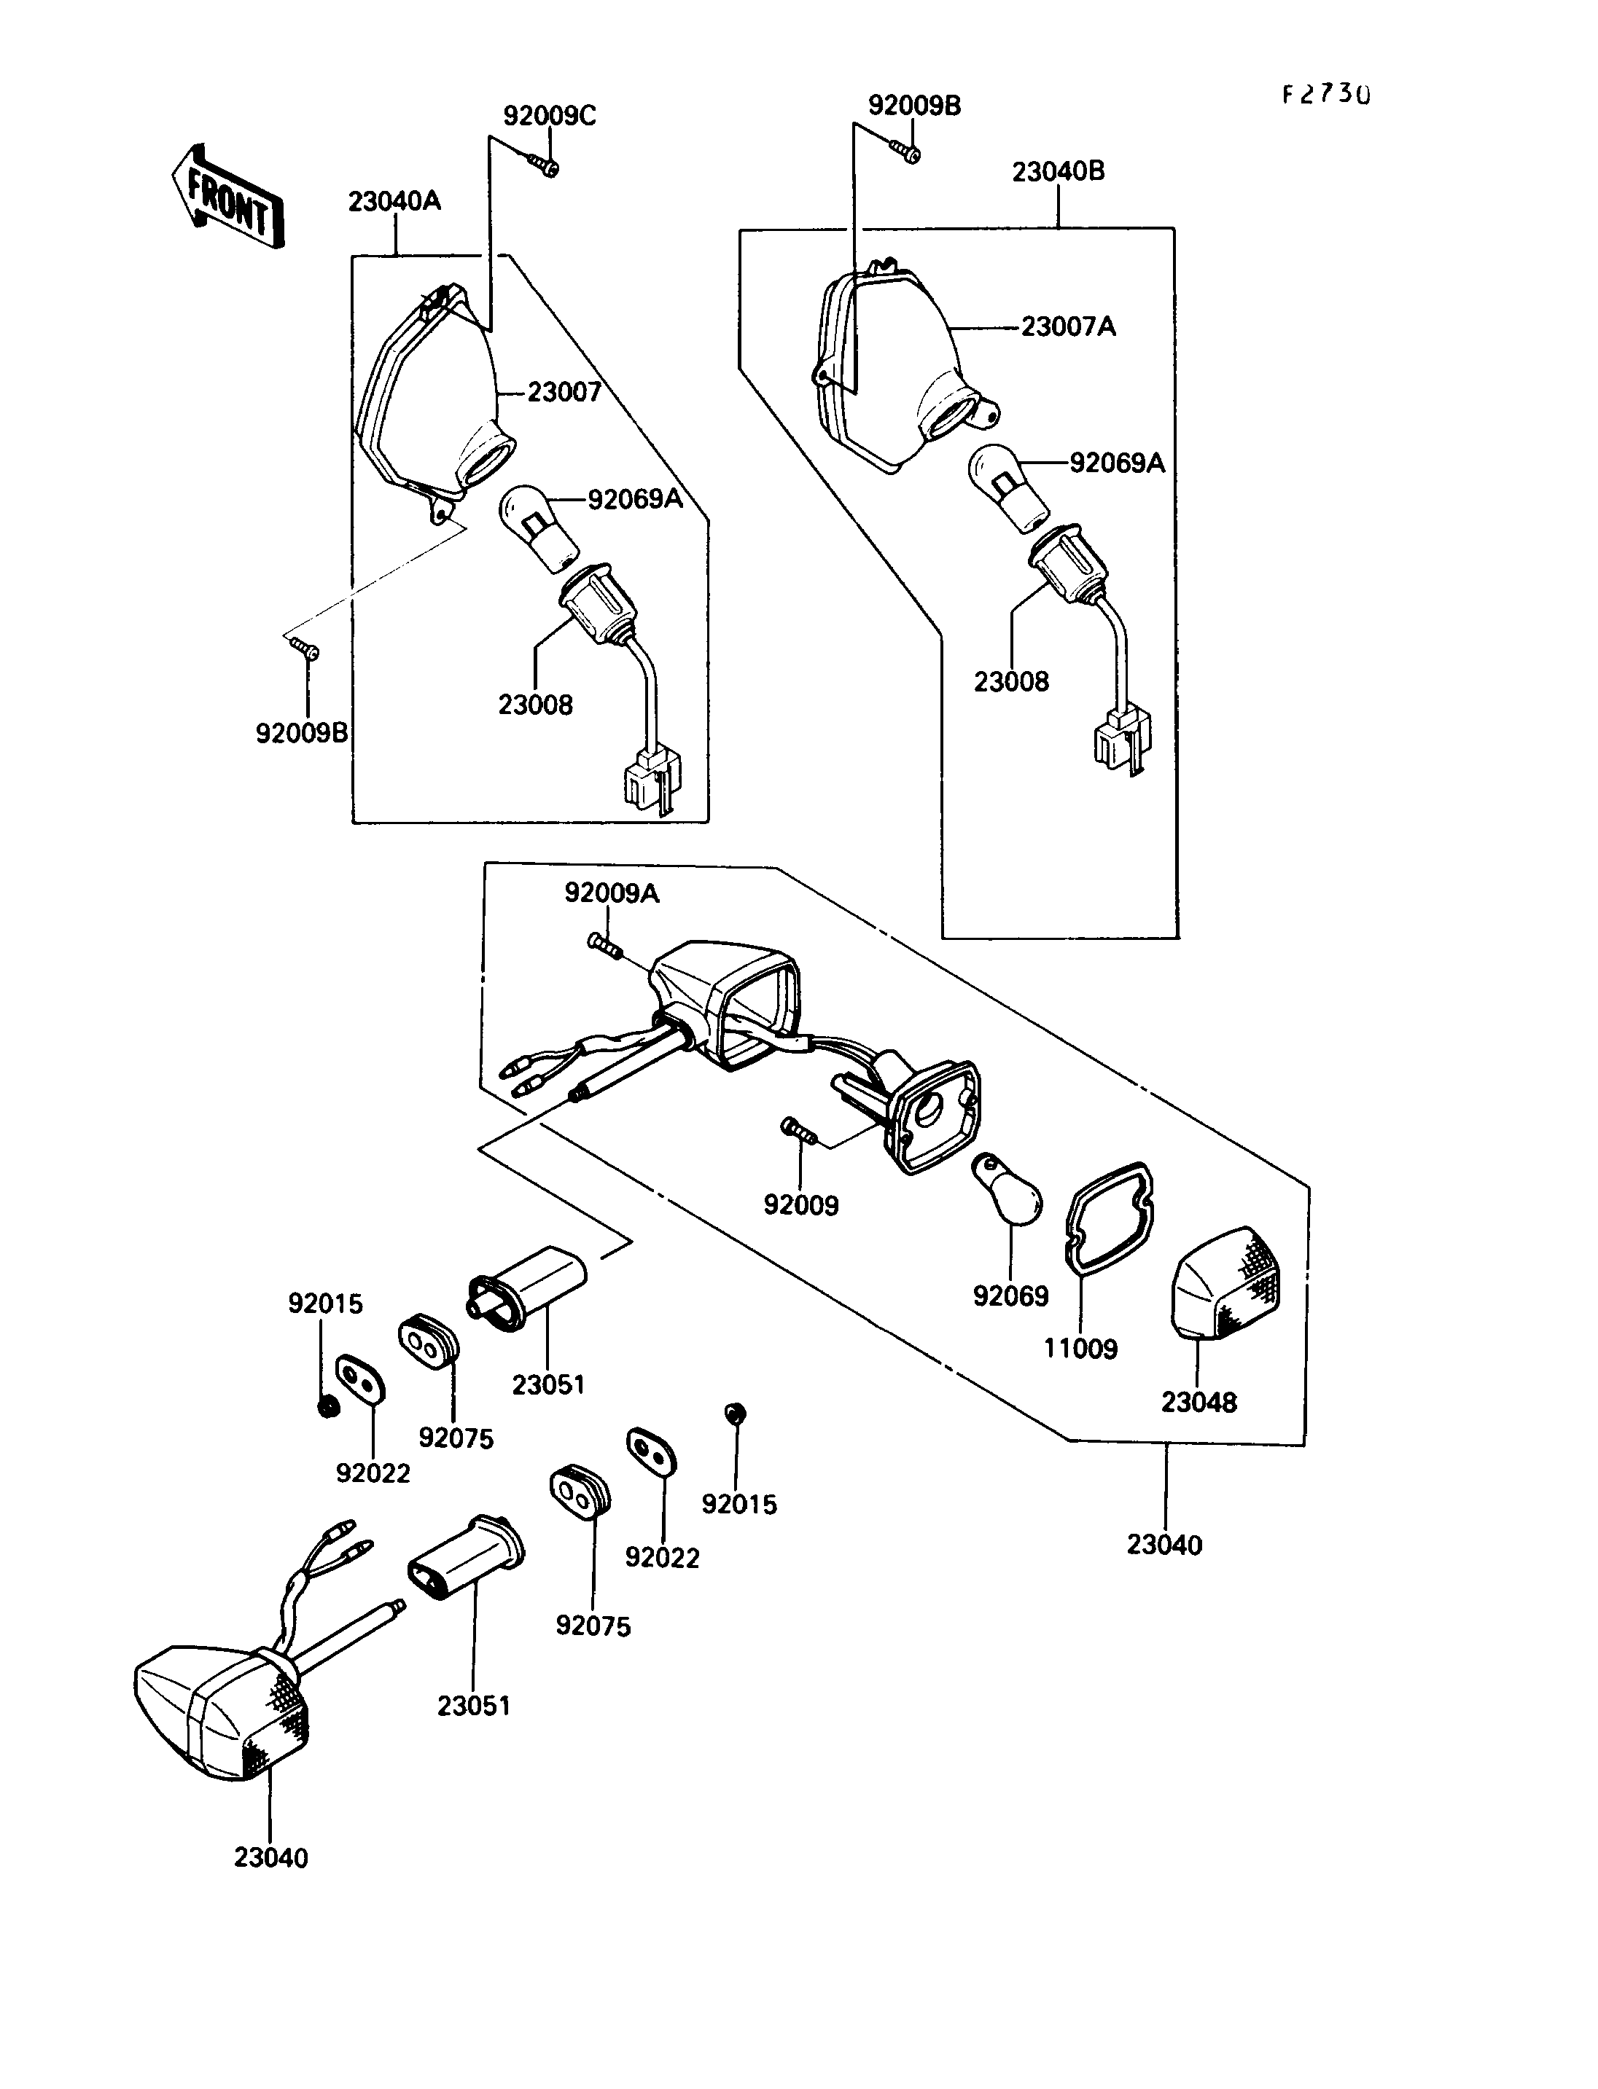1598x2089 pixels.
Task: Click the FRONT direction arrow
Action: pyautogui.click(x=227, y=197)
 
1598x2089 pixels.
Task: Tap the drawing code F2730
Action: pyautogui.click(x=1326, y=94)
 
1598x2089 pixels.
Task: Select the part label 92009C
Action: pyautogui.click(x=550, y=116)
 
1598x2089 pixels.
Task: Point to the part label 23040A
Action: pyautogui.click(x=394, y=202)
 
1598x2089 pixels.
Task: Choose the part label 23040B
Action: pyautogui.click(x=1059, y=172)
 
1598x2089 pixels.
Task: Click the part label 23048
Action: pyautogui.click(x=1198, y=1403)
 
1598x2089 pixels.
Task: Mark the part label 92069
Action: pyautogui.click(x=1010, y=1296)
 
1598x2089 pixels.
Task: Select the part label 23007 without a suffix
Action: pyautogui.click(x=564, y=392)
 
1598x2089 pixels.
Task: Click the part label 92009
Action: pyautogui.click(x=802, y=1206)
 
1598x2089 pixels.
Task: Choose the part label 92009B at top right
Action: pyautogui.click(x=914, y=106)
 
